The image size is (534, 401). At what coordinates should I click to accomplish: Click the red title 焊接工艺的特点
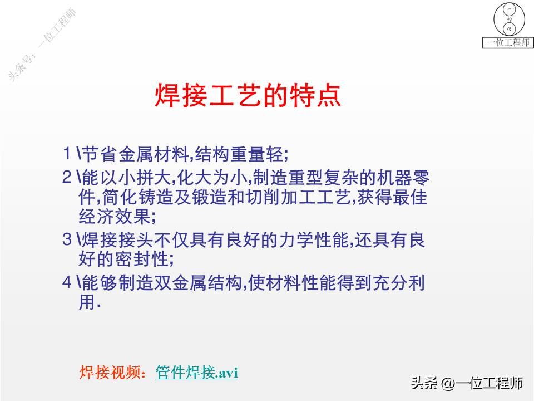click(x=247, y=96)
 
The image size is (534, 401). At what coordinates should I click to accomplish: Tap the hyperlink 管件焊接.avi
click(x=197, y=373)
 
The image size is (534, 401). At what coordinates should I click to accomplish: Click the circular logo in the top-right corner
click(x=508, y=19)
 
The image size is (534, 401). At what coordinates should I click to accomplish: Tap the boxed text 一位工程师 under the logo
click(x=508, y=43)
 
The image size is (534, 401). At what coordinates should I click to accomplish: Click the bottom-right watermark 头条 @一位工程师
click(x=467, y=384)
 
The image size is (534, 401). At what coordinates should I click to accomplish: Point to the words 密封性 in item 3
click(x=146, y=260)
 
